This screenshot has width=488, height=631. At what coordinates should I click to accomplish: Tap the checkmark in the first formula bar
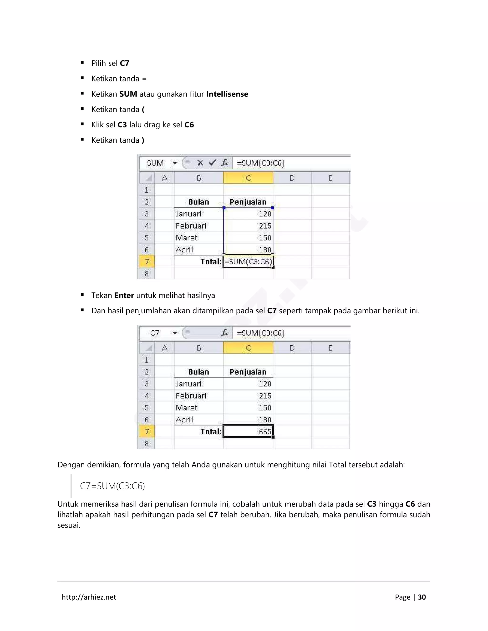(x=212, y=163)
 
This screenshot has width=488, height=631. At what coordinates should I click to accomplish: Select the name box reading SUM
(x=155, y=163)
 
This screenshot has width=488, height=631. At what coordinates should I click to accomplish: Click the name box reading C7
(x=155, y=333)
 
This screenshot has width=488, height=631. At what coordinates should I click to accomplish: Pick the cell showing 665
(x=248, y=432)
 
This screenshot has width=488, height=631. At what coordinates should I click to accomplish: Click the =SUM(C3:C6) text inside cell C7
(x=248, y=262)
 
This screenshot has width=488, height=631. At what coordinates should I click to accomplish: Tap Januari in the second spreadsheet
(x=188, y=384)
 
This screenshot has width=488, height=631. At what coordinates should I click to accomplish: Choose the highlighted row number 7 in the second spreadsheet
(x=147, y=432)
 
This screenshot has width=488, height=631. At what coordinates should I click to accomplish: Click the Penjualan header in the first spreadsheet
(x=248, y=202)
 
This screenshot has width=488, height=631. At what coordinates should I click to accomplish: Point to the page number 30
(x=422, y=597)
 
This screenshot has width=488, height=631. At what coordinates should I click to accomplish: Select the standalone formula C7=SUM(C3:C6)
(x=112, y=486)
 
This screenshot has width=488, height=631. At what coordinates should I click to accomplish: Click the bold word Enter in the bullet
(x=124, y=295)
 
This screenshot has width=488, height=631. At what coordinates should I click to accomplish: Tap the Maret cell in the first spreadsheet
(x=187, y=238)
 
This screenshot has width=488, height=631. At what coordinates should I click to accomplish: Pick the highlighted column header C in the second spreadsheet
(x=248, y=348)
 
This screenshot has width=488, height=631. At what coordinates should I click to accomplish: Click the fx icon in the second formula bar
(x=225, y=333)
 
